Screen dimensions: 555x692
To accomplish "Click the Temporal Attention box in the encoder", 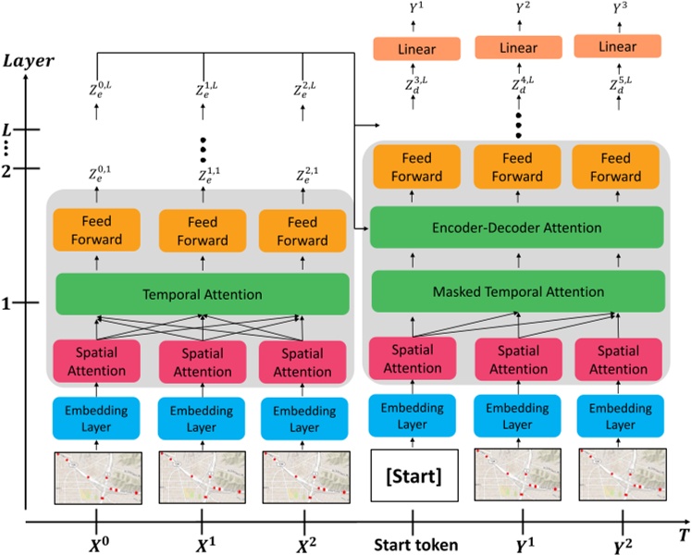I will point(203,295).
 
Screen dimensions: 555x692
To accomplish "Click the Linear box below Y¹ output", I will point(414,48).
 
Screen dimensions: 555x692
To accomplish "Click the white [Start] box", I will point(413,478).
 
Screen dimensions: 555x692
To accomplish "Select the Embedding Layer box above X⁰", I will point(97,418).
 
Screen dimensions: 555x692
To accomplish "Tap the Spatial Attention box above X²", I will point(303,363).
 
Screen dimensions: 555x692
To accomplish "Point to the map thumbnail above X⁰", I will point(98,478).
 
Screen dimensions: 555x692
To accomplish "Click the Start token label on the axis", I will point(414,545).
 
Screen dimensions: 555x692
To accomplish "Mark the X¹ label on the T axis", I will point(203,545).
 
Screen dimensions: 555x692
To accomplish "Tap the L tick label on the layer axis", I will point(7,129).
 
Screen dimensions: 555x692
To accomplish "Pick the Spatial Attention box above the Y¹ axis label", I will point(517,361).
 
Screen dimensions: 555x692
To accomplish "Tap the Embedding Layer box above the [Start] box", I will point(412,418).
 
